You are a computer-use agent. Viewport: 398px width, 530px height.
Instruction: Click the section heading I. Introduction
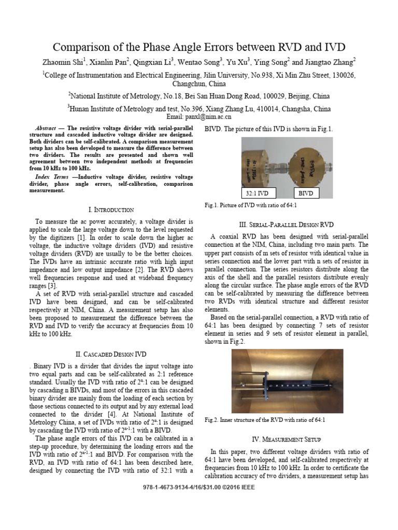point(111,210)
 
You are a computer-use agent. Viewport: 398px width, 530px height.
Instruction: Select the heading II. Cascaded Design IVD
point(111,354)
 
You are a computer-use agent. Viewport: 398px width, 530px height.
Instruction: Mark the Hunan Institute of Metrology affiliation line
point(199,109)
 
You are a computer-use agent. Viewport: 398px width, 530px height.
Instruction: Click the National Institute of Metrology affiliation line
point(199,96)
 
